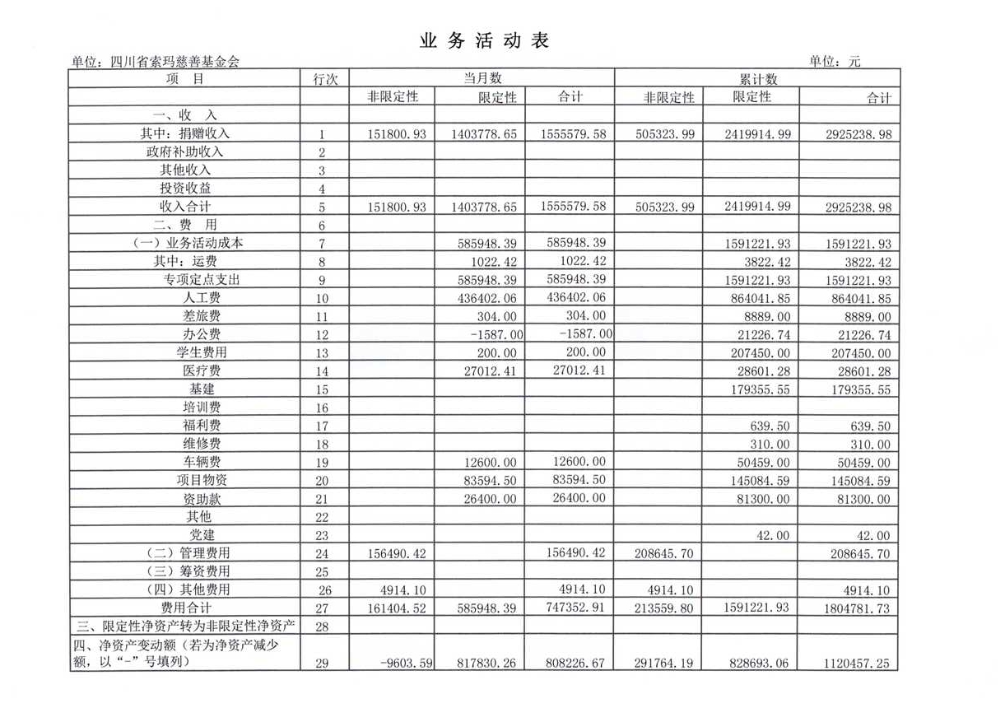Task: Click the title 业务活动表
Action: click(x=483, y=41)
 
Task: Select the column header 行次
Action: click(x=325, y=79)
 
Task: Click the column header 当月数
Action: click(x=482, y=79)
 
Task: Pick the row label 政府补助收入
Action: click(x=185, y=151)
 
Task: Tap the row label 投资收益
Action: click(x=185, y=189)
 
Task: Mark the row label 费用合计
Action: click(x=185, y=608)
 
